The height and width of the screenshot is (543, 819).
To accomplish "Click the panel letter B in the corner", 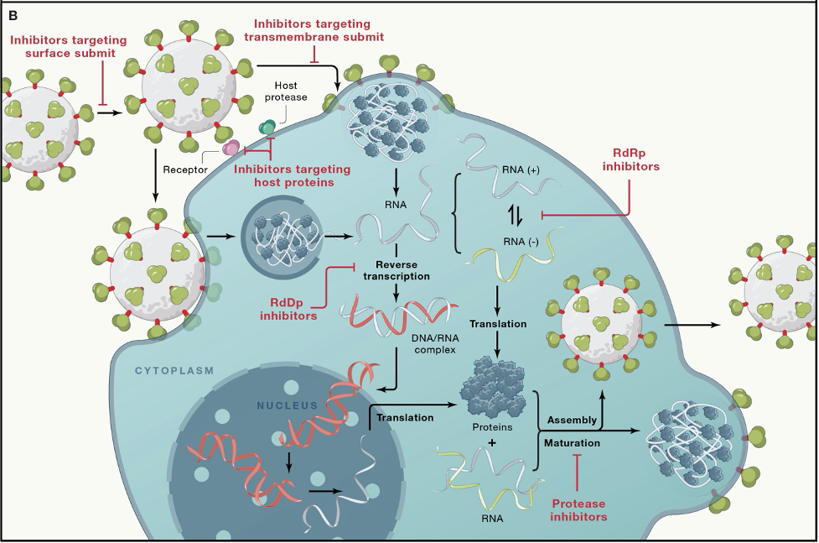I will pyautogui.click(x=13, y=14).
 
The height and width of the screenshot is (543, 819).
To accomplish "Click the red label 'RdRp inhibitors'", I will pyautogui.click(x=631, y=160).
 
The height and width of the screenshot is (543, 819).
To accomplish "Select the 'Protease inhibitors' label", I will pyautogui.click(x=579, y=509).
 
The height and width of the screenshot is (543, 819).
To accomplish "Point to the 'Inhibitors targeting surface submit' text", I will pyautogui.click(x=69, y=46).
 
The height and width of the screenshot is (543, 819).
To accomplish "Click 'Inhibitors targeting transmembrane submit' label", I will pyautogui.click(x=314, y=30).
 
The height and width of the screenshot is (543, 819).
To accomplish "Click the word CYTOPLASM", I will pyautogui.click(x=174, y=369).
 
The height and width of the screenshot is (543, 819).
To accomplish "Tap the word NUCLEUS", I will pyautogui.click(x=287, y=405).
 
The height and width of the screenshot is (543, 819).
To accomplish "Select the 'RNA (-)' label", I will pyautogui.click(x=521, y=242).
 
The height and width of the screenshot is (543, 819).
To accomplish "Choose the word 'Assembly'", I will pyautogui.click(x=572, y=419).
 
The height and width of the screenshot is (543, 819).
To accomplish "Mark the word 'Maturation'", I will pyautogui.click(x=572, y=442).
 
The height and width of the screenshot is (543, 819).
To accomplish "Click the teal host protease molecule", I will pyautogui.click(x=267, y=126).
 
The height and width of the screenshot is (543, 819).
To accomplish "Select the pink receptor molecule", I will pyautogui.click(x=230, y=148).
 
